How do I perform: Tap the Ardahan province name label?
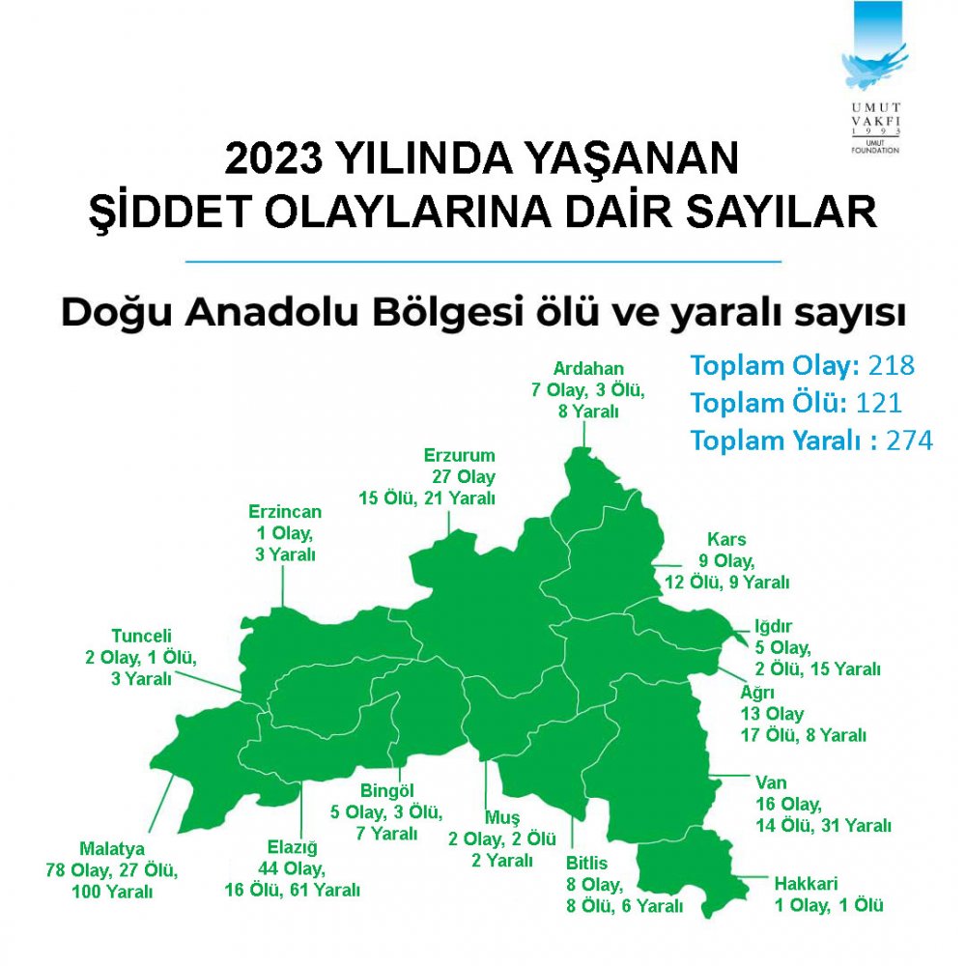coord(588,368)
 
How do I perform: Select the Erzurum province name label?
coord(459,455)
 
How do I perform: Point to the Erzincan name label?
coord(285,512)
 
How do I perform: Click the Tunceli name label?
coord(141,637)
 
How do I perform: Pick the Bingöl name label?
coord(386,790)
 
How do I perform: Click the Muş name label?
coord(501,817)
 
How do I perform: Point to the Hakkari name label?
coord(806,883)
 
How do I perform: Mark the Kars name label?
coord(726,539)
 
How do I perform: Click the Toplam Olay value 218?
coord(891,366)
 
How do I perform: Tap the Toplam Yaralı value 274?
coord(912,440)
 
